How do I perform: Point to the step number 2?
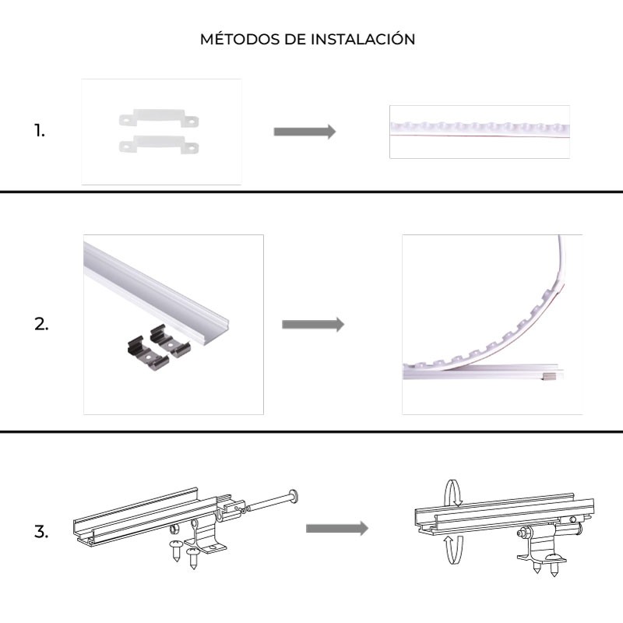(41, 325)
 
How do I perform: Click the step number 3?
(41, 533)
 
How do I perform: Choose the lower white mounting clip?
(158, 143)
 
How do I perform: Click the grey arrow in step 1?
(304, 132)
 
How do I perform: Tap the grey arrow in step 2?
(312, 325)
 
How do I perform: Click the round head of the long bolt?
(294, 495)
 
